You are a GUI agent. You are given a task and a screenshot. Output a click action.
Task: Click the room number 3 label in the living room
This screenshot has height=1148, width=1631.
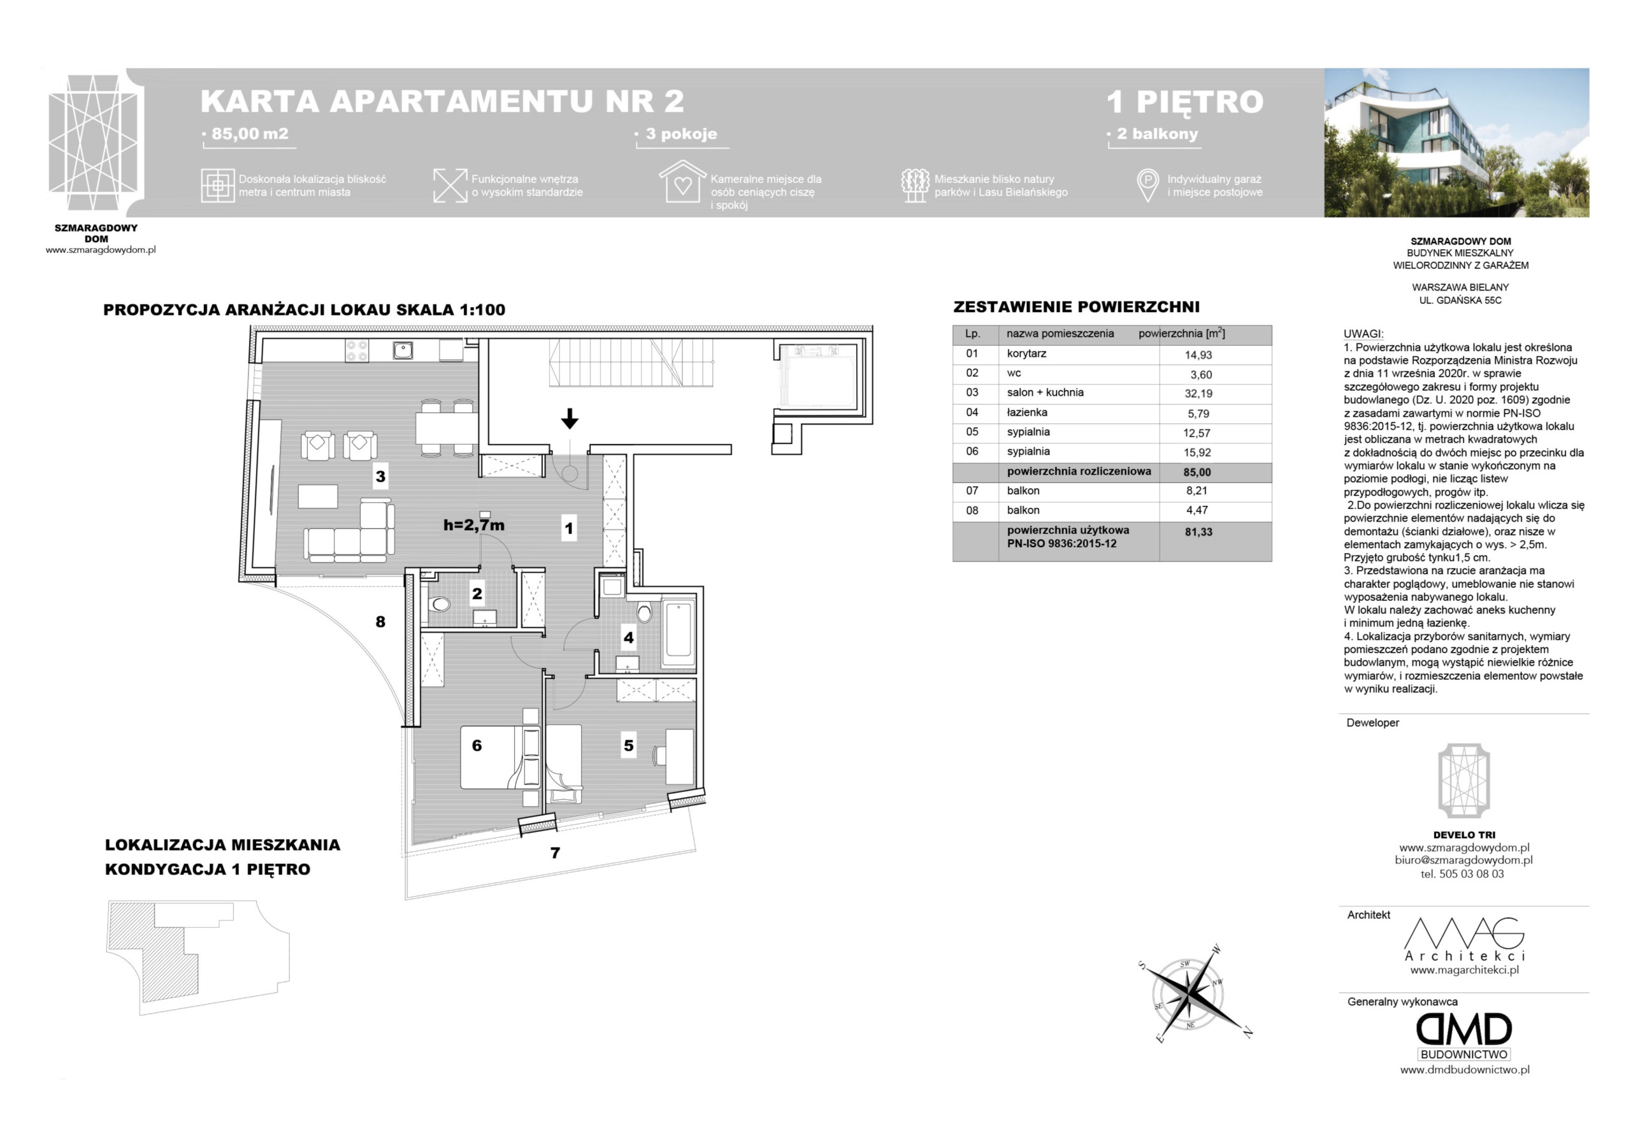(380, 476)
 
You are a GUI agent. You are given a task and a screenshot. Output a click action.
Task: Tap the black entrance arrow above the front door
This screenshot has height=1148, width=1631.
(569, 419)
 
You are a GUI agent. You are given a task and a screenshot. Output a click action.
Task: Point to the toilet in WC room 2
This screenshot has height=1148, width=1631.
(440, 605)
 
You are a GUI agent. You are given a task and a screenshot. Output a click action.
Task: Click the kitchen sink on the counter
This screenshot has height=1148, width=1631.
(403, 350)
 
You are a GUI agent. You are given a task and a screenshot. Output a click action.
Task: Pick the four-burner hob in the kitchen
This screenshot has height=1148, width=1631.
(357, 350)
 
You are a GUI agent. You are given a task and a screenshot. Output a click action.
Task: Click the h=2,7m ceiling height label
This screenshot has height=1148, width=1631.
(474, 525)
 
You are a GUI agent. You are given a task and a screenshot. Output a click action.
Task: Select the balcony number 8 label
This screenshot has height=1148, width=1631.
(380, 622)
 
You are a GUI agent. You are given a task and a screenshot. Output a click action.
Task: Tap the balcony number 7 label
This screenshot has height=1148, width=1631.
(555, 852)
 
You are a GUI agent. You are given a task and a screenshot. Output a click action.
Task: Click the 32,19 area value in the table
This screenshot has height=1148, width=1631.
(1198, 394)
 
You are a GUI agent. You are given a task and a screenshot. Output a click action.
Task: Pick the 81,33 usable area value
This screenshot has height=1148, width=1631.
(1198, 531)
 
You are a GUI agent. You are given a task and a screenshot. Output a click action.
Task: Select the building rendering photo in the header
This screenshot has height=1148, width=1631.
(1456, 143)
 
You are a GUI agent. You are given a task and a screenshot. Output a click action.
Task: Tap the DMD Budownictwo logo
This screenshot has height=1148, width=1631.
(1464, 1037)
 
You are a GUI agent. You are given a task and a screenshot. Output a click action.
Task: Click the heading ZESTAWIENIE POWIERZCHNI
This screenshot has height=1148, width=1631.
(1075, 307)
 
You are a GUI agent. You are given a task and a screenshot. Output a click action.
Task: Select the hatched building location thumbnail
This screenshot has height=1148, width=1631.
(198, 957)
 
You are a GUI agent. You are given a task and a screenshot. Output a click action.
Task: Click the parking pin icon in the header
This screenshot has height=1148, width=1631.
(1147, 185)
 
